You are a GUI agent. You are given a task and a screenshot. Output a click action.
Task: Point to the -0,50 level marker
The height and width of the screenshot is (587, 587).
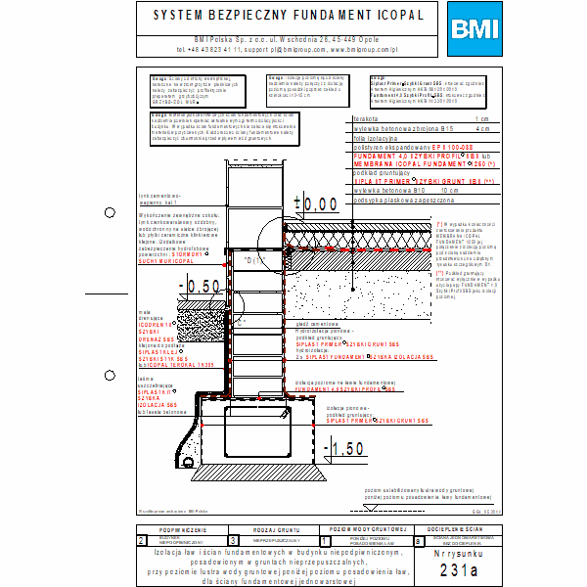click(203, 287)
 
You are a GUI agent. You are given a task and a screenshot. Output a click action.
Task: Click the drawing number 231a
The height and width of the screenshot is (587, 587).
click(458, 569)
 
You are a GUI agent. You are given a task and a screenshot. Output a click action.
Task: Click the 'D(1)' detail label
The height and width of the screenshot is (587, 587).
click(254, 261)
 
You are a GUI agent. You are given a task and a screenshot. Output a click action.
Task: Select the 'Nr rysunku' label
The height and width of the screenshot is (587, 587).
click(458, 553)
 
